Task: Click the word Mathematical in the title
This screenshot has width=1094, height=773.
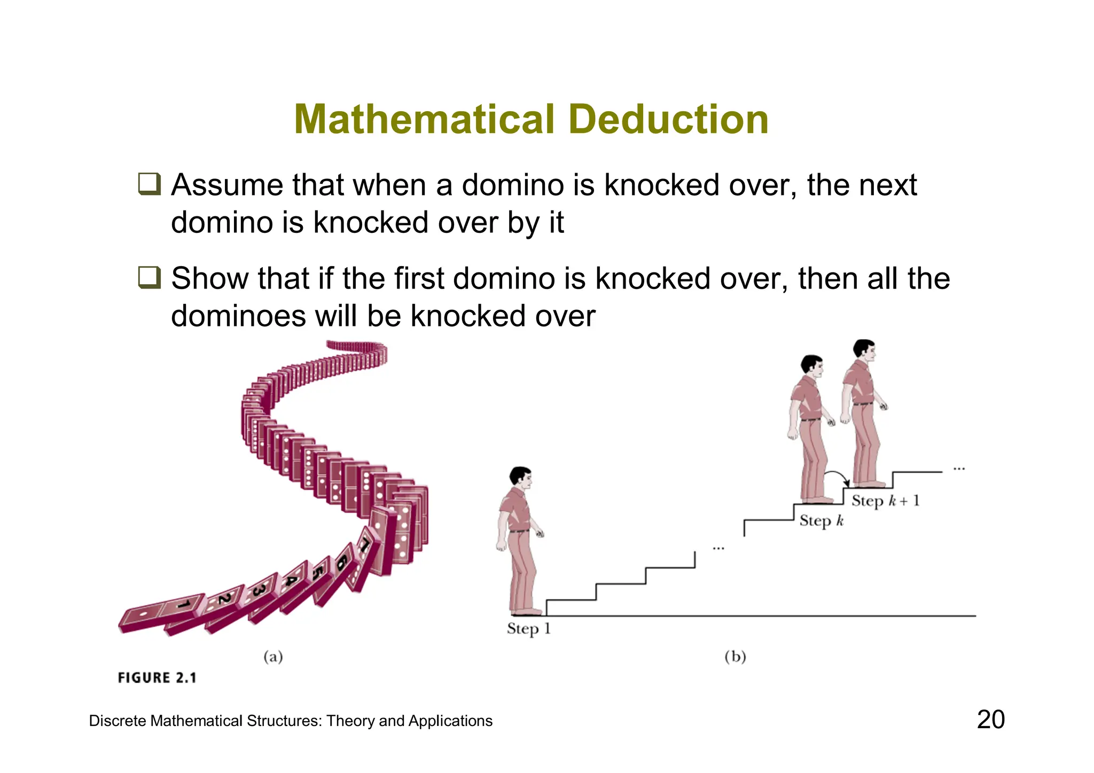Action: [x=425, y=119]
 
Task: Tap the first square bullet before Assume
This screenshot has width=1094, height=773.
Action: [x=149, y=184]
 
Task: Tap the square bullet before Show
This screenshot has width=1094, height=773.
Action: [x=149, y=278]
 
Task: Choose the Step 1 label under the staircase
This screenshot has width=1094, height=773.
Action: [x=528, y=629]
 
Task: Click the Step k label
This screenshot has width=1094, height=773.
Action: [x=821, y=521]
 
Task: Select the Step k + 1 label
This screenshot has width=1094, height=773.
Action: [x=885, y=501]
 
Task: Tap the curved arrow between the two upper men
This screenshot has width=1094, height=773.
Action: [x=836, y=477]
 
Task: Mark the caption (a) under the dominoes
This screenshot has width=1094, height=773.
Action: [x=273, y=657]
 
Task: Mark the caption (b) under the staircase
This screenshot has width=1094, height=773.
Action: [x=735, y=656]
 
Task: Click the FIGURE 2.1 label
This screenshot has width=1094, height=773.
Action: [x=157, y=678]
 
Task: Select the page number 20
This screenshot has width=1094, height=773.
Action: [x=990, y=720]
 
